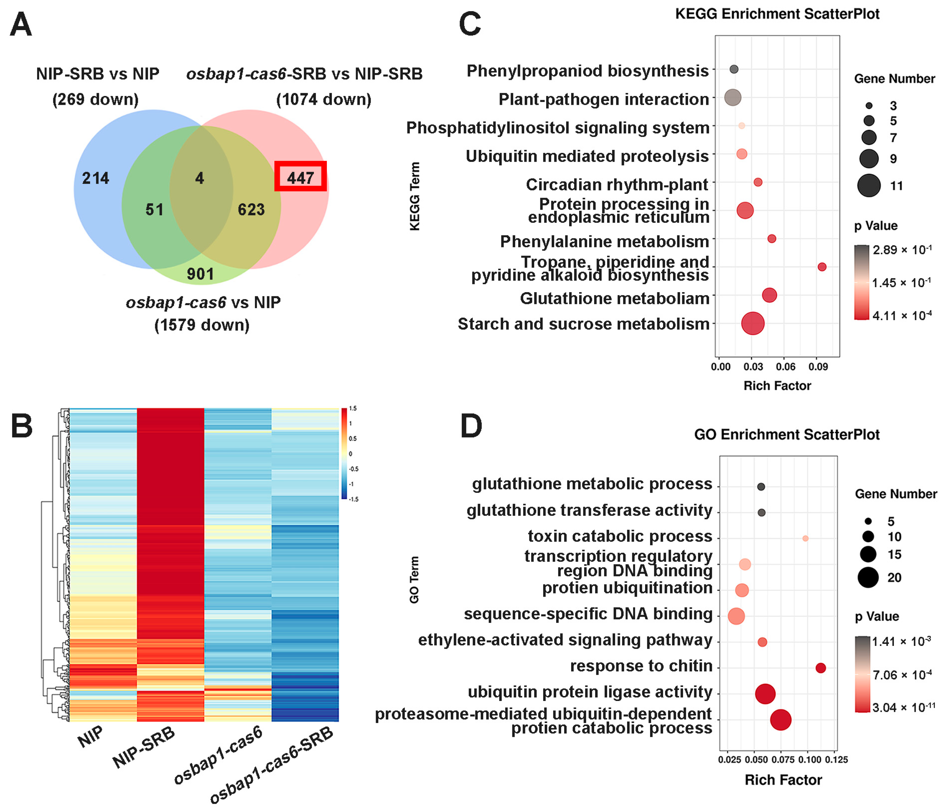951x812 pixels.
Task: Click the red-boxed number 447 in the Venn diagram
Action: pyautogui.click(x=300, y=177)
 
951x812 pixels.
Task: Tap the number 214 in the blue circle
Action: pyautogui.click(x=95, y=178)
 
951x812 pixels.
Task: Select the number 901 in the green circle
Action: pyautogui.click(x=200, y=274)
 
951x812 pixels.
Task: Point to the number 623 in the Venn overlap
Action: pyautogui.click(x=251, y=210)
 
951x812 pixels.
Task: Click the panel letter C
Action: pyautogui.click(x=470, y=24)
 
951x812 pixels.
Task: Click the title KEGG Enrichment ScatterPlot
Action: pyautogui.click(x=777, y=14)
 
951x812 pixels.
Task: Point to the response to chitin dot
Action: pyautogui.click(x=820, y=668)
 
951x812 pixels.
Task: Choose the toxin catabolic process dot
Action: pyautogui.click(x=805, y=538)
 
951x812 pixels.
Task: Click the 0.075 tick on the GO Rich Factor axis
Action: pyautogui.click(x=783, y=760)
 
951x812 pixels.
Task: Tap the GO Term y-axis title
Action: pyautogui.click(x=414, y=580)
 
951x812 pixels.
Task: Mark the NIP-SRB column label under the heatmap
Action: pyautogui.click(x=144, y=747)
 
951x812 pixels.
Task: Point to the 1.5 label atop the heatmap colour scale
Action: pyautogui.click(x=352, y=409)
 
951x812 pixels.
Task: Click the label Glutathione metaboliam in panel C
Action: pyautogui.click(x=614, y=298)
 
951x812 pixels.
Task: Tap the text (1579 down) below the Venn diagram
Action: pyautogui.click(x=202, y=325)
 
